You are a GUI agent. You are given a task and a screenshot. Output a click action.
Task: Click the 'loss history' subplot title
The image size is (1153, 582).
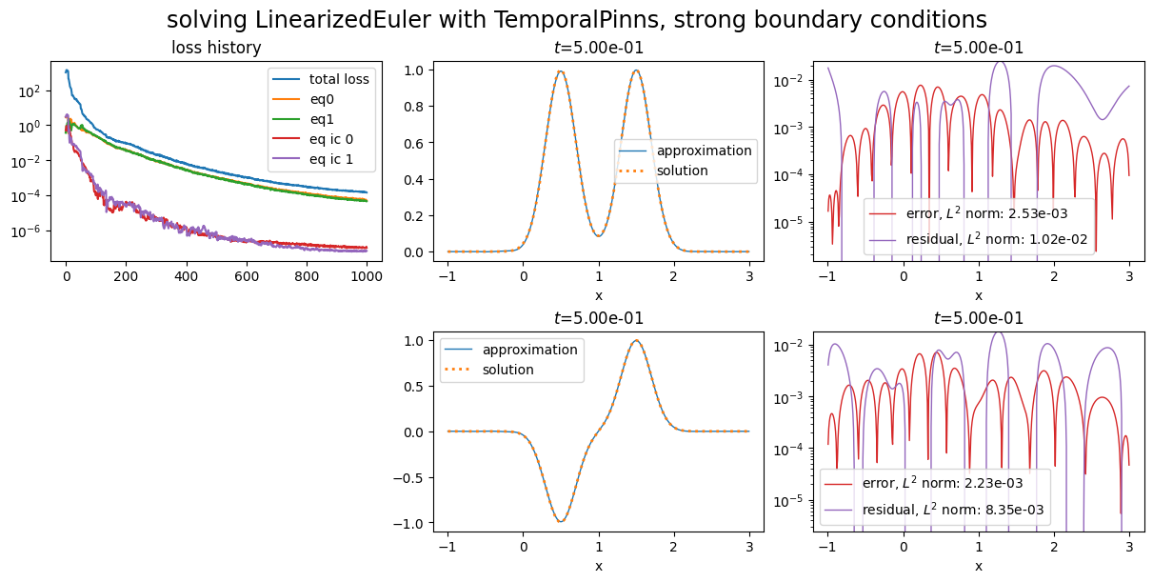tap(216, 48)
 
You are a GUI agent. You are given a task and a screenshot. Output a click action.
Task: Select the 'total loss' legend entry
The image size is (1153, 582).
tap(339, 79)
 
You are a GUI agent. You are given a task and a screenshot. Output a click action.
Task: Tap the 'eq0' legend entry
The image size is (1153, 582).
tap(324, 99)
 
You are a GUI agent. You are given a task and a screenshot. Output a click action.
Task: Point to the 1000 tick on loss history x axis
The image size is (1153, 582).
tap(367, 277)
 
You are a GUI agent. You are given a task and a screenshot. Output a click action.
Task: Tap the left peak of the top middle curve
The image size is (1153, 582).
tap(561, 71)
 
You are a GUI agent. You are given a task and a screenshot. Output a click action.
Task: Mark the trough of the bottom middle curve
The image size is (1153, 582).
tap(561, 520)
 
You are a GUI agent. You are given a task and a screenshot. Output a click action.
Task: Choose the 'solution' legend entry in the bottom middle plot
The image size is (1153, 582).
tap(507, 370)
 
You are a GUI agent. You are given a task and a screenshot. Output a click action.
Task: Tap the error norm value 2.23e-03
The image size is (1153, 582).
tap(1005, 484)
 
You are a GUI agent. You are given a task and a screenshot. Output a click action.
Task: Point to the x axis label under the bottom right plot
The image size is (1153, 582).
tap(978, 566)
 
